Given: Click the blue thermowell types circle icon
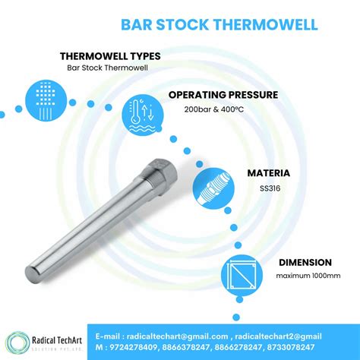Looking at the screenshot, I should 44,99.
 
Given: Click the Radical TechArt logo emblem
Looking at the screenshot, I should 19,343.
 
